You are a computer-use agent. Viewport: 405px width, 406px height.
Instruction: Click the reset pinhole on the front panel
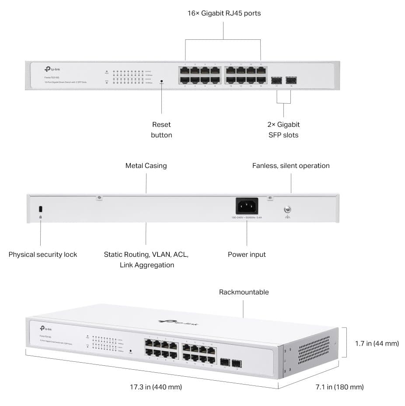point(161,80)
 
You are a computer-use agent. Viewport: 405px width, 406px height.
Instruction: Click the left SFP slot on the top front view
point(276,80)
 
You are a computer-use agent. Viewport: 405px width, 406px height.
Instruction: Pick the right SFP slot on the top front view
point(291,80)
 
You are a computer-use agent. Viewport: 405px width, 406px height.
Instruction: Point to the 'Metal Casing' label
point(146,166)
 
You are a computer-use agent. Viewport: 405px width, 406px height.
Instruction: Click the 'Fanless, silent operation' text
point(291,166)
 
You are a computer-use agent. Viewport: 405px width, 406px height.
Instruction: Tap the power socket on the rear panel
point(247,206)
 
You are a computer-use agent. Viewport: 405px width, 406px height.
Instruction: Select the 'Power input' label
point(247,254)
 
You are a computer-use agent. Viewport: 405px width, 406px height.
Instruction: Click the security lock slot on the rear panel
point(40,208)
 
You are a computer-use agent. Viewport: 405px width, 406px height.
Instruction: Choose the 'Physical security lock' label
point(43,254)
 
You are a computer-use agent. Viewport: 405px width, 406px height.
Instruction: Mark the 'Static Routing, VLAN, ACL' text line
point(146,254)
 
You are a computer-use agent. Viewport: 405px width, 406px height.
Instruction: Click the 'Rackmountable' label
point(244,292)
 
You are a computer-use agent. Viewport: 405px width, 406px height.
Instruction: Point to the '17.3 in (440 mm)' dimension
point(156,387)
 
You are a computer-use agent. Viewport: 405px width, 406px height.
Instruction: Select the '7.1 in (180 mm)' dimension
point(339,387)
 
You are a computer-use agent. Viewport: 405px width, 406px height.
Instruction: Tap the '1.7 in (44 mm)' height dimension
point(377,343)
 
